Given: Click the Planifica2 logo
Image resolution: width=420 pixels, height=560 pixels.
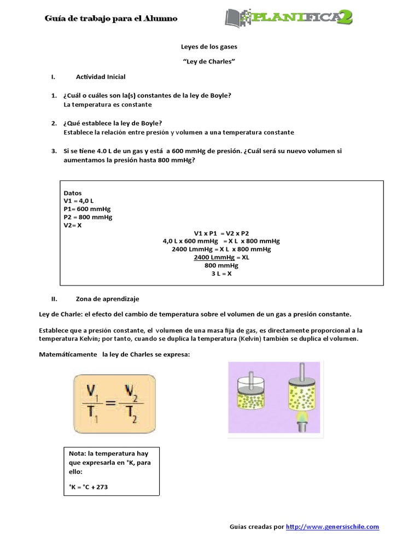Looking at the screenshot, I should (288, 17).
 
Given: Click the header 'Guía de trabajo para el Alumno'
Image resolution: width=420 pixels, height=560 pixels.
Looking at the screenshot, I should (111, 19).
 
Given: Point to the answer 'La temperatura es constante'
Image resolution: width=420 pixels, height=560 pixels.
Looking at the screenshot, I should (108, 104).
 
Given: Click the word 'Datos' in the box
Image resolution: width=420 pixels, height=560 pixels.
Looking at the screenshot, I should (73, 193).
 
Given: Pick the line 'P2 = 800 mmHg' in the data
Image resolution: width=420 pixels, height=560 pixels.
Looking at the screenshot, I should (87, 217).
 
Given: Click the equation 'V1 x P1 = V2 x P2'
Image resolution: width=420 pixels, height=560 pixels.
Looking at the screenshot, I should (221, 232).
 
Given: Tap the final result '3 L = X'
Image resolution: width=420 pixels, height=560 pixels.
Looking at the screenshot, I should (221, 273).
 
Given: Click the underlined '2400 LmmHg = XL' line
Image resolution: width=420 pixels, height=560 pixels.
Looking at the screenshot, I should (221, 257).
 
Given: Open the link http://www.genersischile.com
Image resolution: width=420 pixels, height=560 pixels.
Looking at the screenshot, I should (332, 527).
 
